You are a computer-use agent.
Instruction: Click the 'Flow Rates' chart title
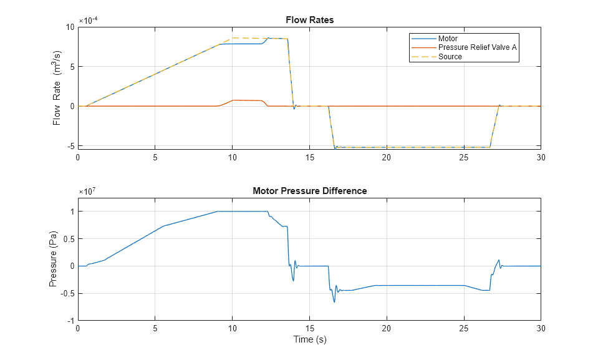[x=309, y=20]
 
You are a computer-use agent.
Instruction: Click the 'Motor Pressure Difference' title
[x=309, y=191]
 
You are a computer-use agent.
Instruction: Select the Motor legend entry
[x=449, y=39]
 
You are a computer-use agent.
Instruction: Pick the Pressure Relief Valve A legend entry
[x=477, y=47]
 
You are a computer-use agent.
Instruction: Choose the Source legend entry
[x=450, y=57]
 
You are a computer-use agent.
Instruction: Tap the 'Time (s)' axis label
[x=309, y=340]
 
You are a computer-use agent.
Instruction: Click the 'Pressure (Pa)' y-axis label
[x=54, y=259]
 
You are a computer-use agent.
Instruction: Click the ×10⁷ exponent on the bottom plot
[x=87, y=192]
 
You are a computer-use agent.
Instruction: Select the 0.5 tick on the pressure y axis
[x=69, y=239]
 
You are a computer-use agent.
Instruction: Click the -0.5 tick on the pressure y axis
[x=67, y=293]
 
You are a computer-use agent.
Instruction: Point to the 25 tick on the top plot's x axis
[x=463, y=157]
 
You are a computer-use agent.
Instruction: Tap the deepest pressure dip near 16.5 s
[x=334, y=302]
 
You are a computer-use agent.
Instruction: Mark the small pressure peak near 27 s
[x=499, y=260]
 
